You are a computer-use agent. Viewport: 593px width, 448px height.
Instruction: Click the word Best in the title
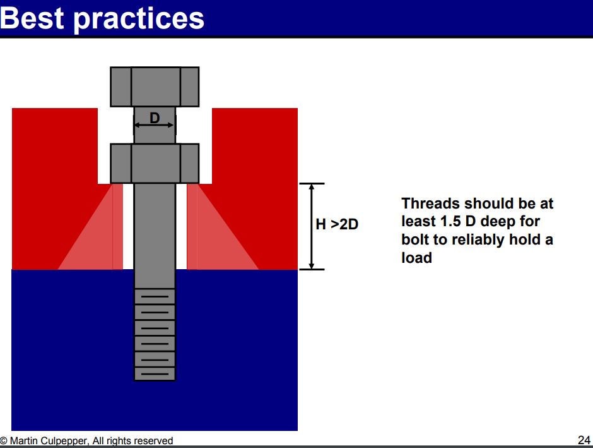pos(32,18)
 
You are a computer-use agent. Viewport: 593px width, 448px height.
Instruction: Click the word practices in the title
pos(139,20)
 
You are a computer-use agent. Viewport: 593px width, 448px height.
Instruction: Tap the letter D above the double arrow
pos(155,118)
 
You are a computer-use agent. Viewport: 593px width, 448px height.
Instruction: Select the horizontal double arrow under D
pos(155,125)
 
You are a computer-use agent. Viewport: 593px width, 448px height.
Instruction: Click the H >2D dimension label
pos(337,224)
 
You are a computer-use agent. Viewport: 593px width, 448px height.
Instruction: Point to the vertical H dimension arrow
pos(312,226)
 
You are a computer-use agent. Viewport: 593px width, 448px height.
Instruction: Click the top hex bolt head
pos(155,87)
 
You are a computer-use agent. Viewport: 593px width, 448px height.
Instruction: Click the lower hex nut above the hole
pos(155,164)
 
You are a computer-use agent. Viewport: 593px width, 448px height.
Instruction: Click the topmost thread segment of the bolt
pos(155,296)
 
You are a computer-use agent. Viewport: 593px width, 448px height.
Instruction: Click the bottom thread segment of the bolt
pos(155,373)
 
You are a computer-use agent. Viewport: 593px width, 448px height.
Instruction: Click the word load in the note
pos(416,258)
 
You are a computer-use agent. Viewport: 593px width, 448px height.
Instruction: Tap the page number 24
pos(584,440)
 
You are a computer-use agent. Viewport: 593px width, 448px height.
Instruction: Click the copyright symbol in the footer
pos(3,441)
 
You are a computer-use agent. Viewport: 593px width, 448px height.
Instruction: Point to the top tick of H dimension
pos(312,184)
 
